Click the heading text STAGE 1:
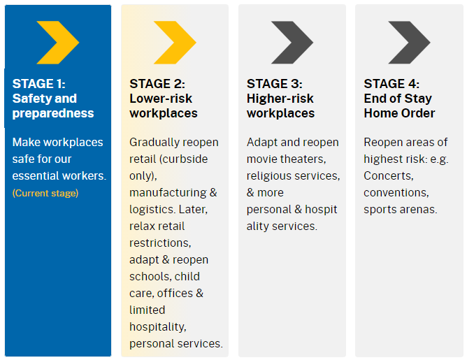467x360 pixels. click(38, 84)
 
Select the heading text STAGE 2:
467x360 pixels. click(157, 84)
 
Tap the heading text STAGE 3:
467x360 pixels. click(274, 84)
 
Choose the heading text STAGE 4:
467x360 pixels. click(391, 84)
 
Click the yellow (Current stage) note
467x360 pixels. click(45, 193)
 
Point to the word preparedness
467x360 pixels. click(53, 114)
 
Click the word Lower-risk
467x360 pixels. click(161, 99)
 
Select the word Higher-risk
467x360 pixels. click(280, 99)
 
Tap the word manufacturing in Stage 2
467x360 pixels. click(168, 193)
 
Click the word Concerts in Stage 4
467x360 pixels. click(389, 175)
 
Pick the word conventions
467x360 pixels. click(396, 193)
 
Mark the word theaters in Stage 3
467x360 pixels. click(304, 159)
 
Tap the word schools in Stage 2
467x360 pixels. click(150, 277)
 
